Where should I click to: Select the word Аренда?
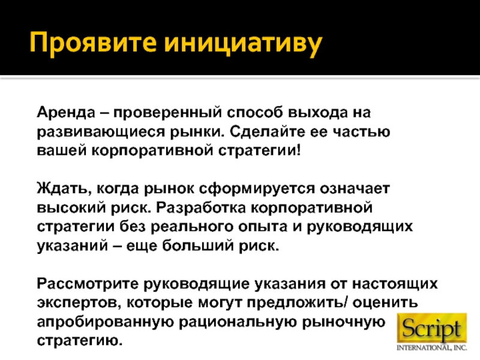pyautogui.click(x=66, y=113)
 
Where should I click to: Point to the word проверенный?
pyautogui.click(x=167, y=113)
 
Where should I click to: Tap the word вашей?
pyautogui.click(x=62, y=151)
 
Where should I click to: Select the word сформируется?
pyautogui.click(x=257, y=189)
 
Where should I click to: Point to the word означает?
pyautogui.click(x=355, y=189)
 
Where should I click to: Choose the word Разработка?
pyautogui.click(x=201, y=208)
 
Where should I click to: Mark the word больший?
pyautogui.click(x=198, y=245)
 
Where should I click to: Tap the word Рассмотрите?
pyautogui.click(x=88, y=283)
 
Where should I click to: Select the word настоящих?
pyautogui.click(x=395, y=284)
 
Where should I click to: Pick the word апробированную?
pyautogui.click(x=105, y=322)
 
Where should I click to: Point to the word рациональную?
pyautogui.click(x=238, y=322)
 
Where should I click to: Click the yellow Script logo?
pyautogui.click(x=432, y=328)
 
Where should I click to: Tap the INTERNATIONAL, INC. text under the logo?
pyautogui.click(x=432, y=348)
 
